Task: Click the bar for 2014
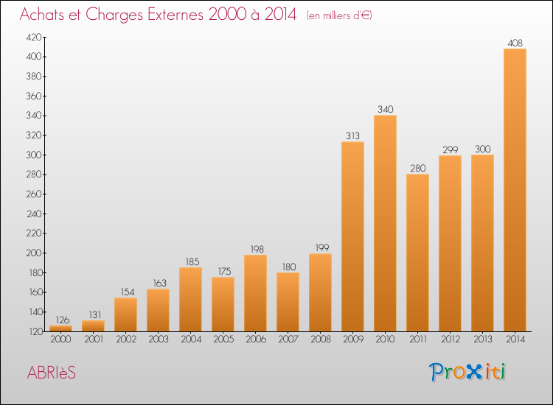[515, 190]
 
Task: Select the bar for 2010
[385, 223]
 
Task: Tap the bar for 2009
[352, 236]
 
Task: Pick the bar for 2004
[190, 299]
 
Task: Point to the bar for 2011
[417, 253]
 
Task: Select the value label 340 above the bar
[385, 110]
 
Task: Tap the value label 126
[60, 320]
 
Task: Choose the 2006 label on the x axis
[255, 340]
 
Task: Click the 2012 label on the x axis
[450, 340]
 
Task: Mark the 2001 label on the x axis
[93, 340]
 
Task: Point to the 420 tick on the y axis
[33, 37]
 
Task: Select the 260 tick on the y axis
[33, 194]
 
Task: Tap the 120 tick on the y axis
[33, 332]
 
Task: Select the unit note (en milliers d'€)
[340, 15]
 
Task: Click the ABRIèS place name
[49, 373]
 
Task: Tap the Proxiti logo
[468, 372]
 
